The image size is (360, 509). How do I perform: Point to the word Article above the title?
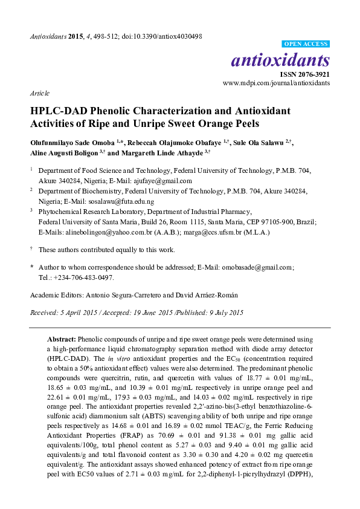point(40,94)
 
